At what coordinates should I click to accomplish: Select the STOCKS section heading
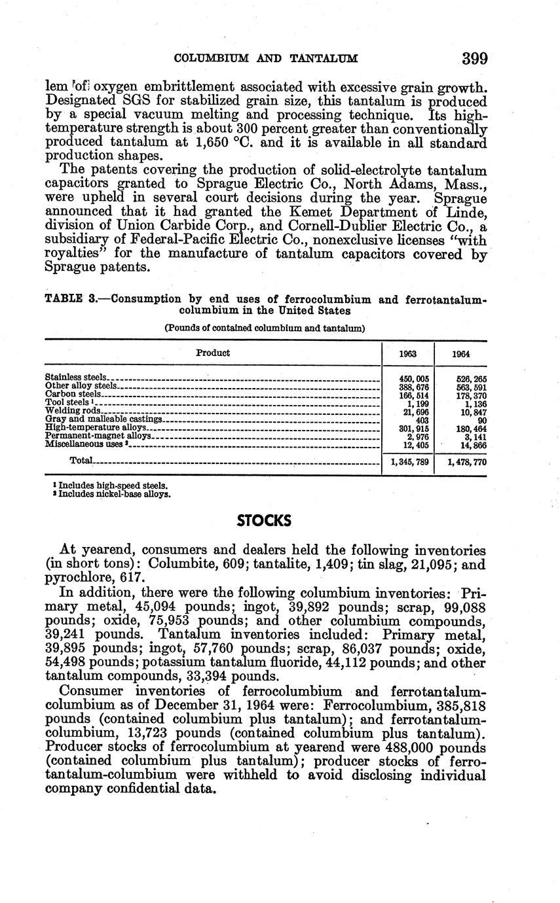pyautogui.click(x=263, y=521)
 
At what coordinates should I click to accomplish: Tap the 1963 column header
pyautogui.click(x=409, y=353)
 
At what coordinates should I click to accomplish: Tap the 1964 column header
pyautogui.click(x=462, y=353)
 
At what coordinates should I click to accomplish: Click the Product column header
pyautogui.click(x=213, y=353)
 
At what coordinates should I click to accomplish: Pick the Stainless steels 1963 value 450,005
pyautogui.click(x=414, y=378)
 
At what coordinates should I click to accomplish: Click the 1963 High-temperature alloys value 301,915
pyautogui.click(x=414, y=427)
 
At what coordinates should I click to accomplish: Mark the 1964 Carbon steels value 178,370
pyautogui.click(x=471, y=395)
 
